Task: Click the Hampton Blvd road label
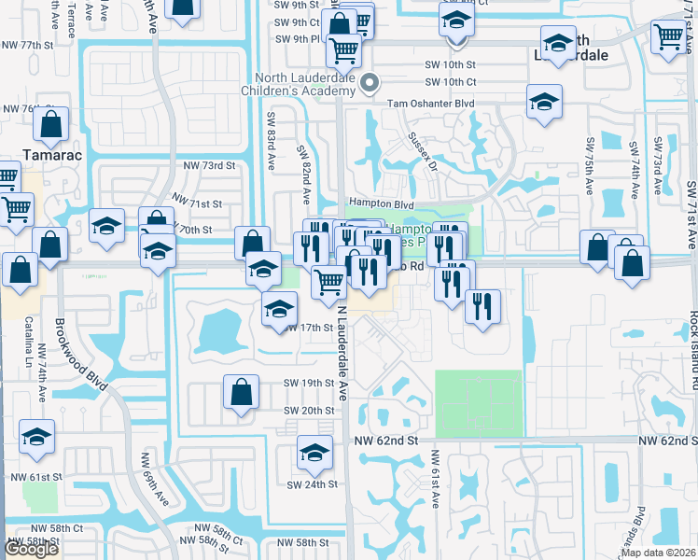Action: click(x=380, y=203)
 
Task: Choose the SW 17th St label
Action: click(x=310, y=328)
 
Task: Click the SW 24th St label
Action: click(x=311, y=484)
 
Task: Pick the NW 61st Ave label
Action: click(x=435, y=480)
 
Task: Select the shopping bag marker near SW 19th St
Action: click(x=241, y=392)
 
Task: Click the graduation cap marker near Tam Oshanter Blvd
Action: click(x=544, y=103)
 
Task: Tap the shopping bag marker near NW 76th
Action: click(x=53, y=124)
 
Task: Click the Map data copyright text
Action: click(x=658, y=553)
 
